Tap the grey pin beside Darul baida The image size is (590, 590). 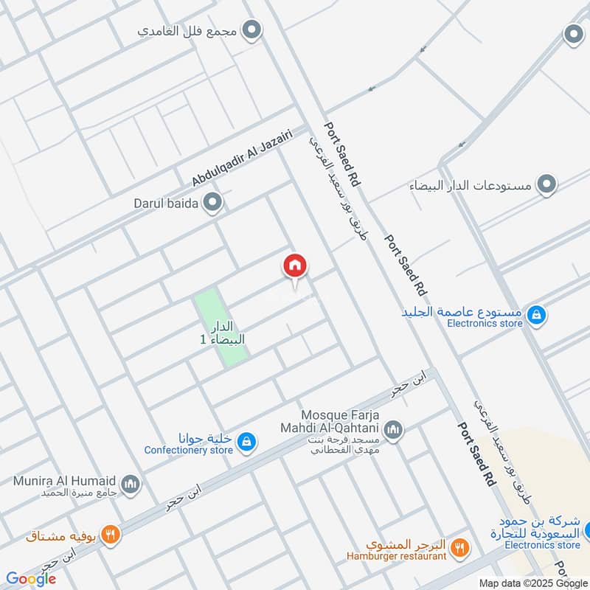click(213, 202)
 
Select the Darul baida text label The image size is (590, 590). click(166, 203)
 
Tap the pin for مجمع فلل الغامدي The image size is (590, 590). click(253, 32)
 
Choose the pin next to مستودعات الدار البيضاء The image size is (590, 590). click(546, 184)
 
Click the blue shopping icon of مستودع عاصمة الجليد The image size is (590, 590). click(537, 315)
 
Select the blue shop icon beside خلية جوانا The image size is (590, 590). click(248, 441)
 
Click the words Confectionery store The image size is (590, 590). click(188, 450)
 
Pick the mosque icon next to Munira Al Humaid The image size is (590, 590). click(131, 484)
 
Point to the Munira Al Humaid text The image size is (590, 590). click(63, 481)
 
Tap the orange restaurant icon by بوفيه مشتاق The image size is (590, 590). click(110, 535)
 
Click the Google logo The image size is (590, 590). click(30, 579)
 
